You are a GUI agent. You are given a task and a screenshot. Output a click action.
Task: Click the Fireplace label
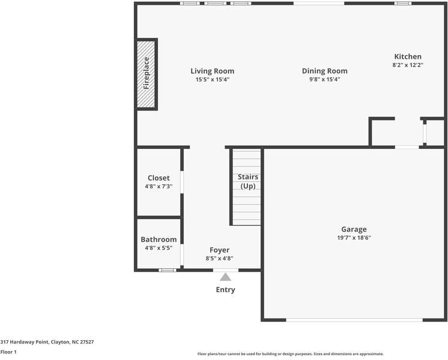(146, 73)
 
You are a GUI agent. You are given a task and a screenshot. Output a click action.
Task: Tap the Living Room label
(213, 71)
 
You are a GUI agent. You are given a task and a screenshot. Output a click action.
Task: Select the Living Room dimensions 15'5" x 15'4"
(213, 79)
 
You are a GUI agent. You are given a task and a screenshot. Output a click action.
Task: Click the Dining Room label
(324, 71)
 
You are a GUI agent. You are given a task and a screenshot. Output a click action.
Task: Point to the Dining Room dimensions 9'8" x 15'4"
(324, 79)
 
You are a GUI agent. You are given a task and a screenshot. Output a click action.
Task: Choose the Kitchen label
(408, 56)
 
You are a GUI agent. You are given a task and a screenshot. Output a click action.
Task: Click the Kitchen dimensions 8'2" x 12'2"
(408, 65)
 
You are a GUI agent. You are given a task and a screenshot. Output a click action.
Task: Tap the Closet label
(159, 178)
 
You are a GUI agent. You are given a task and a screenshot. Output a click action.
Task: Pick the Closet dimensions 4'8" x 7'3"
(159, 186)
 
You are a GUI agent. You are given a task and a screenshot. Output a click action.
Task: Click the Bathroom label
(159, 239)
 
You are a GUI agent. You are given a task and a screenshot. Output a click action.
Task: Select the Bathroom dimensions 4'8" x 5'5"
(159, 248)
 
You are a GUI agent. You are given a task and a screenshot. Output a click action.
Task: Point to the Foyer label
(219, 250)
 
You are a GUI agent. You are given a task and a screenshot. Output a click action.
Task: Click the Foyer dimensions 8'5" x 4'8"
(219, 259)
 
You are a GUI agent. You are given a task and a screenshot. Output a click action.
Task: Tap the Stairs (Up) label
(248, 181)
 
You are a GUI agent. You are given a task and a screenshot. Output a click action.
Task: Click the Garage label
(354, 229)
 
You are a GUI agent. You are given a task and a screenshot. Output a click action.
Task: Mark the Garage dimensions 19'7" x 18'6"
(354, 237)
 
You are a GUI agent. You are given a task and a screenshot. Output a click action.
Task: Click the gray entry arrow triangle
(225, 277)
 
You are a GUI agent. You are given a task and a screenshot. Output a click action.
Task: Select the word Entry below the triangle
(225, 290)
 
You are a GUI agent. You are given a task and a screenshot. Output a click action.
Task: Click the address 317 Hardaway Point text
(47, 341)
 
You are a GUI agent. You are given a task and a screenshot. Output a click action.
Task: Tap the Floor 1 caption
(8, 352)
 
